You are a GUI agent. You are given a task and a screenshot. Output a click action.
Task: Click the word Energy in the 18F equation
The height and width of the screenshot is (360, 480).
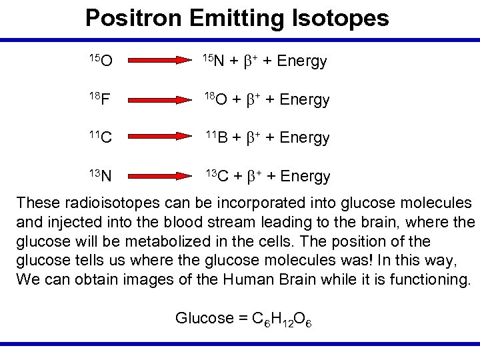[x=305, y=100]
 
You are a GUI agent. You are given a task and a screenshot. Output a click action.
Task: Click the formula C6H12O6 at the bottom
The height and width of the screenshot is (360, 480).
[x=279, y=319]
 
